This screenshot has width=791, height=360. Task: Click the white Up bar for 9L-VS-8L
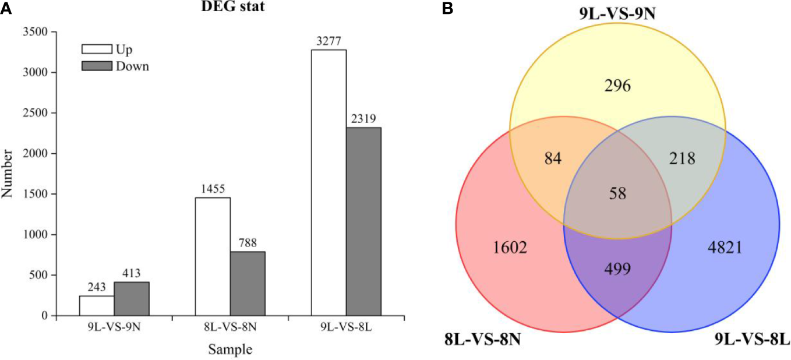(x=329, y=182)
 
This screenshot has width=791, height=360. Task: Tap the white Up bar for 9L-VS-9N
(x=96, y=305)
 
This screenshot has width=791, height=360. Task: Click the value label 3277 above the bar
(x=329, y=41)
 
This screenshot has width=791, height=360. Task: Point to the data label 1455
(x=213, y=189)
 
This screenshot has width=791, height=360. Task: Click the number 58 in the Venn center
(x=617, y=193)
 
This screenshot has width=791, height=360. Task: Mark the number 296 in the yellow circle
(x=617, y=87)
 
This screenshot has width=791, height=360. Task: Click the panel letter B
(x=447, y=8)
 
